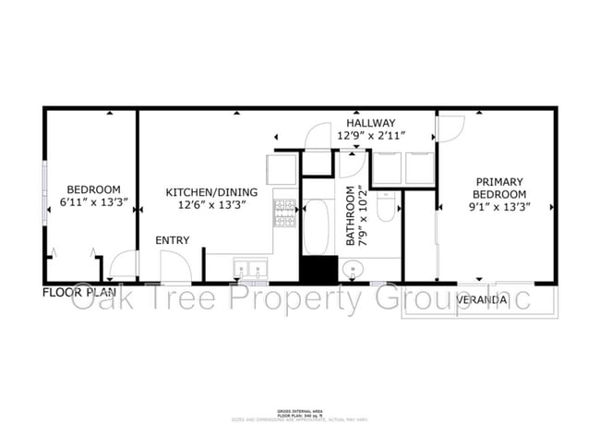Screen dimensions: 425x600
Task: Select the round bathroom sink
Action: [352, 269]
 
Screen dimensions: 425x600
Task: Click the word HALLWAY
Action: [370, 123]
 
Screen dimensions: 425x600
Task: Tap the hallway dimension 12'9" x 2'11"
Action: [370, 137]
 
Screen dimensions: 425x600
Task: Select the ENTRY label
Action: [172, 240]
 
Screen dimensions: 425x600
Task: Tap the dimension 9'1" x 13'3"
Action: [499, 207]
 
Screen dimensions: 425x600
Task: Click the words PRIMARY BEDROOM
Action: [499, 188]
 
